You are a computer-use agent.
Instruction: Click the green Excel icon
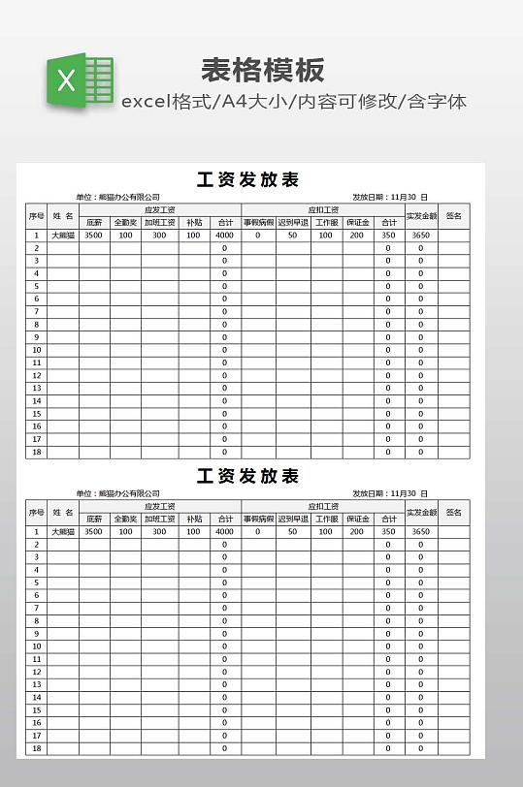(x=79, y=79)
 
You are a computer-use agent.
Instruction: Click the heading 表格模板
(x=262, y=70)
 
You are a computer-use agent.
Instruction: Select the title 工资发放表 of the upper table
(x=247, y=179)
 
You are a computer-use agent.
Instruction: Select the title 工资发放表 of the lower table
(x=247, y=476)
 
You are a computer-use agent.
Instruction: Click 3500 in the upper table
(x=93, y=236)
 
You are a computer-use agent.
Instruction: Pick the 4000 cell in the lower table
(x=224, y=532)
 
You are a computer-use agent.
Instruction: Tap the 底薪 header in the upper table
(x=93, y=222)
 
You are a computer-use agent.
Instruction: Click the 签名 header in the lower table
(x=453, y=512)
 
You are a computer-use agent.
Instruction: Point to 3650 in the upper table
(x=420, y=236)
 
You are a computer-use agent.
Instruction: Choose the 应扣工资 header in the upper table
(x=323, y=208)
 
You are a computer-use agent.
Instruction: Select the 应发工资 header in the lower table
(x=159, y=506)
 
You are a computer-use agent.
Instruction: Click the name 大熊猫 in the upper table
(x=63, y=236)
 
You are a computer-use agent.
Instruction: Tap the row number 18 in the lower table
(x=37, y=748)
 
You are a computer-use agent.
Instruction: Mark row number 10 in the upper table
(x=37, y=350)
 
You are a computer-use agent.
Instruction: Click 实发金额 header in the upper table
(x=421, y=215)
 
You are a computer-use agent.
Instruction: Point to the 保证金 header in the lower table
(x=357, y=519)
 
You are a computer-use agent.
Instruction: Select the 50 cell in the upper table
(x=291, y=236)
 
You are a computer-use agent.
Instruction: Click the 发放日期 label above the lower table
(x=369, y=493)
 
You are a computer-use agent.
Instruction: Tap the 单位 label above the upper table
(x=84, y=197)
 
